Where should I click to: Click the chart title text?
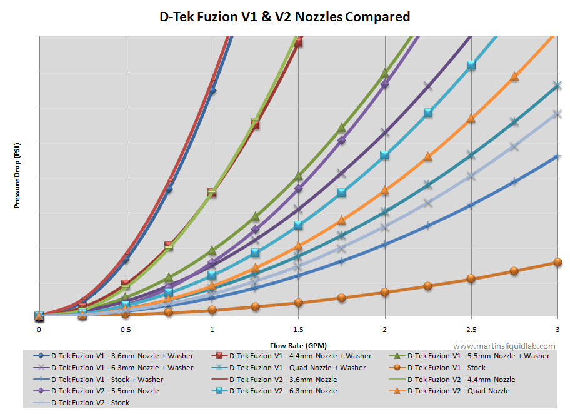click(285, 17)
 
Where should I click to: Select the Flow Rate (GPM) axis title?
click(298, 345)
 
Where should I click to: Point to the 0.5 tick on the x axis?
click(126, 329)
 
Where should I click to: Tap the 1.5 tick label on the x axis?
click(298, 329)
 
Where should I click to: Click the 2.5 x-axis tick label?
click(471, 329)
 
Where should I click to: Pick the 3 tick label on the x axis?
click(557, 329)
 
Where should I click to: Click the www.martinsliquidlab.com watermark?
click(504, 346)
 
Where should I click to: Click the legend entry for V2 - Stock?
click(90, 403)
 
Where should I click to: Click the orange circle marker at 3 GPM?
click(557, 262)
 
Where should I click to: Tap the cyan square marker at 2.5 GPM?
click(471, 65)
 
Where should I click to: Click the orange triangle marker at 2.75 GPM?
click(514, 76)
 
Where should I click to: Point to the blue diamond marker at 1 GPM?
click(212, 91)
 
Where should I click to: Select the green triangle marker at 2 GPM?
click(385, 73)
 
